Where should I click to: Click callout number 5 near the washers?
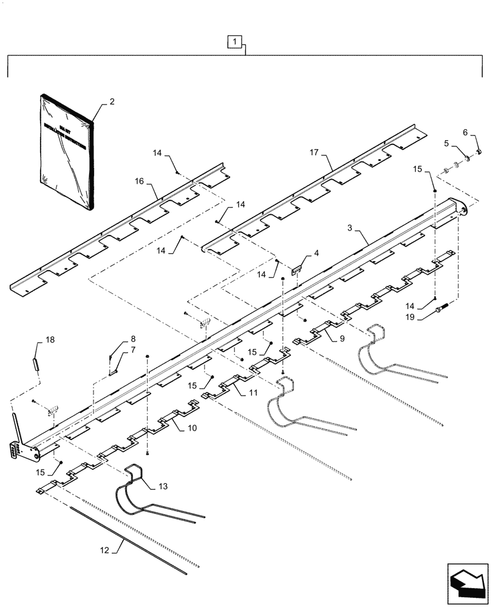466,132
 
